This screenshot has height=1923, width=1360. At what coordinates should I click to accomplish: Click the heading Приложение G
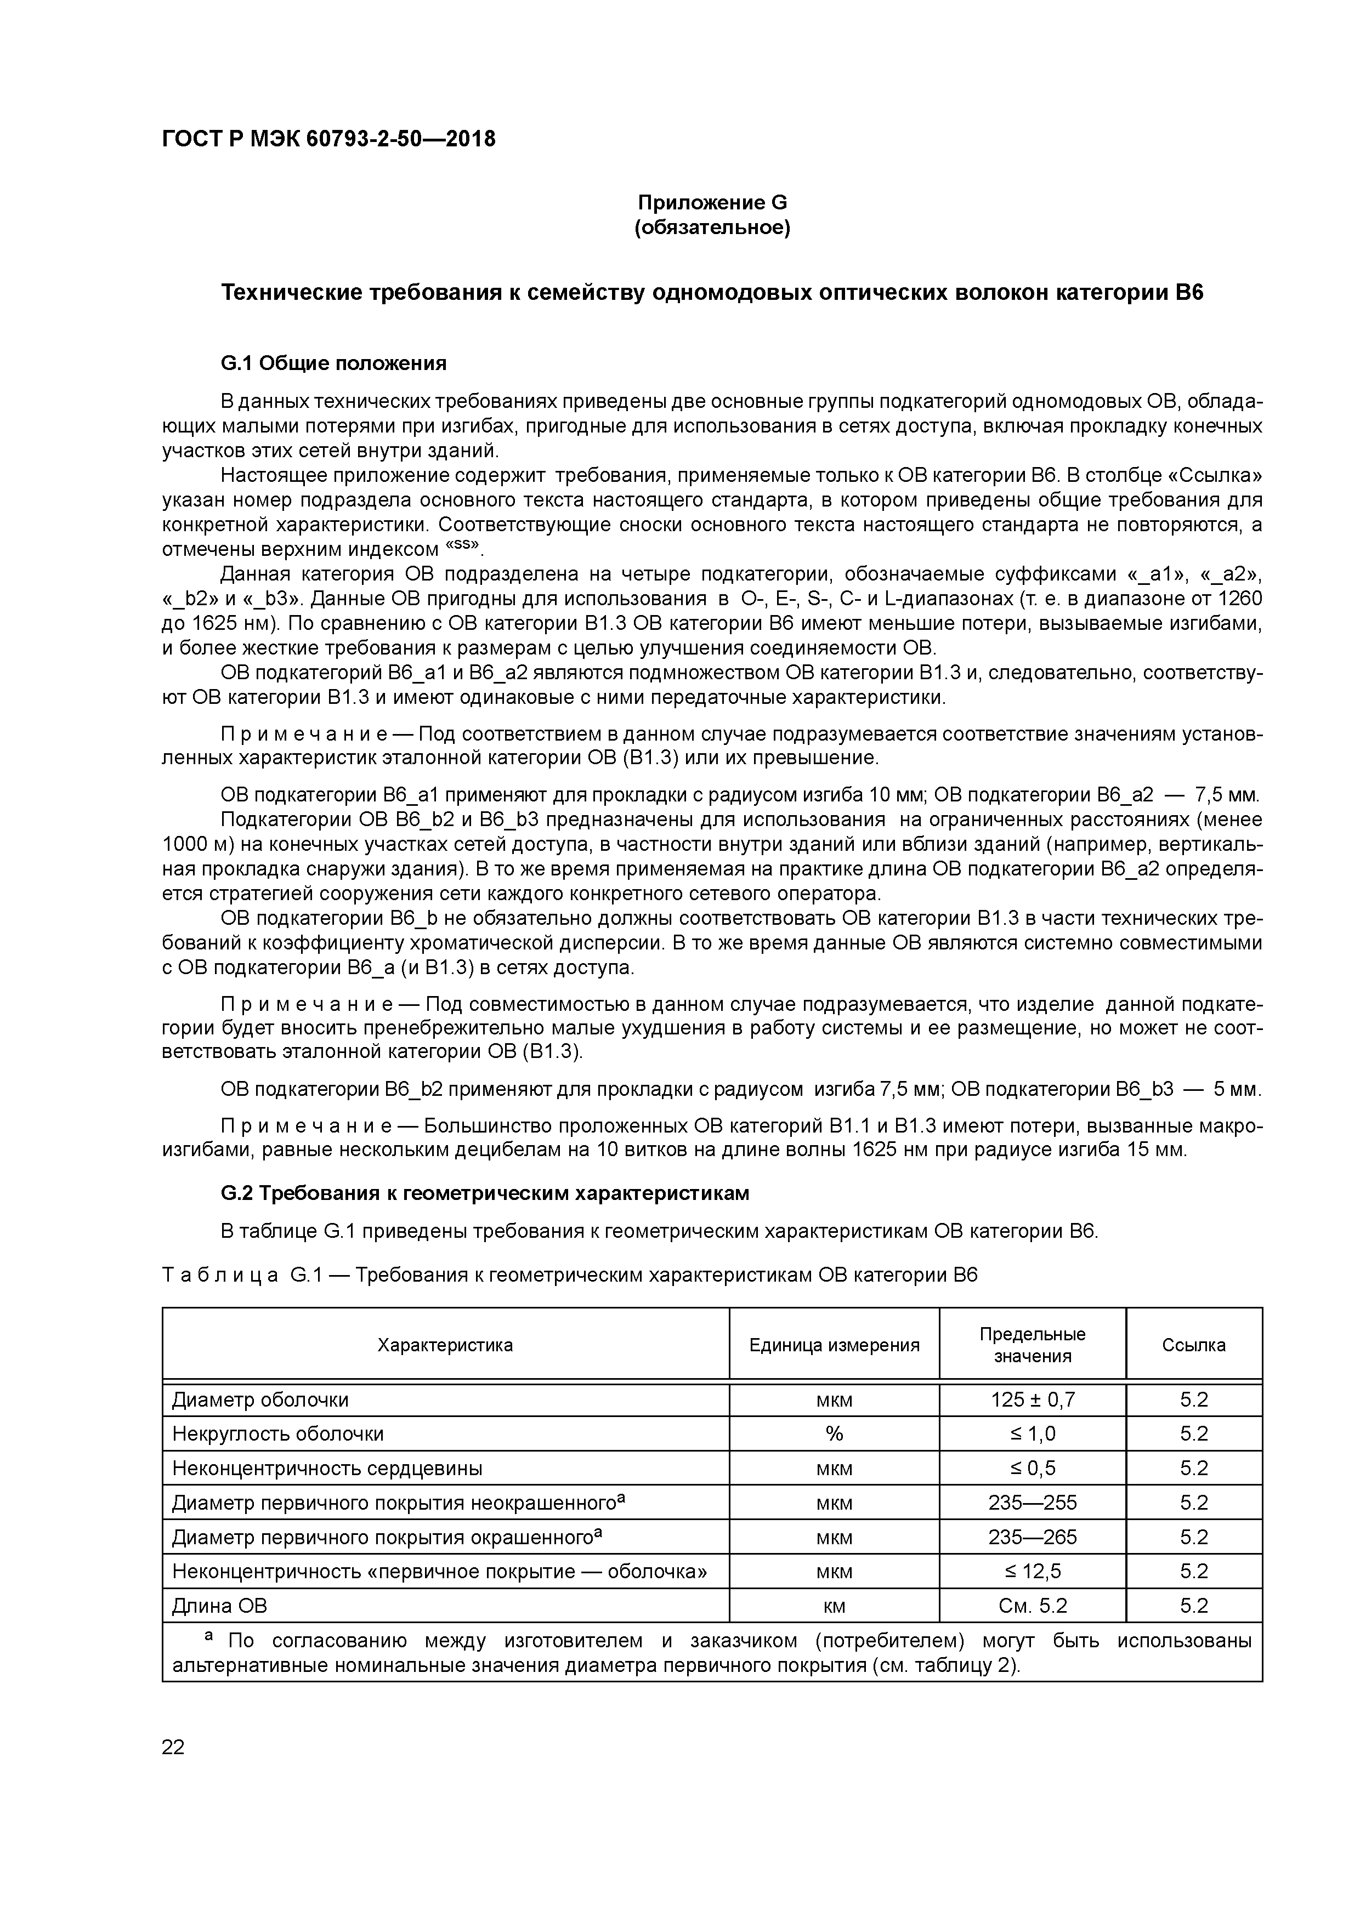tap(712, 203)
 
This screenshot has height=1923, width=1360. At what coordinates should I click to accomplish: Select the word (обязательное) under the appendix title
tap(712, 228)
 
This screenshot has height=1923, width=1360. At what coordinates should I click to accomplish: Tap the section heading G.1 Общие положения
tap(333, 363)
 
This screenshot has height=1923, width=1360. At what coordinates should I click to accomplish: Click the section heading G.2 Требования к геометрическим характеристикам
tap(484, 1193)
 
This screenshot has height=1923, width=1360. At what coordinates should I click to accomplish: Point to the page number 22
tap(173, 1747)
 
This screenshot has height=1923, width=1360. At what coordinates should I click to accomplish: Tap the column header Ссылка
tap(1193, 1345)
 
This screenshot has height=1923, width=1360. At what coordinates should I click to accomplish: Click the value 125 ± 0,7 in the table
tap(1033, 1399)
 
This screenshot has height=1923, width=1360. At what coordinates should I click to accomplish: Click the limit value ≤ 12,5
tap(1033, 1571)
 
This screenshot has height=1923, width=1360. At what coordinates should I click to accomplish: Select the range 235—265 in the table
tap(1033, 1537)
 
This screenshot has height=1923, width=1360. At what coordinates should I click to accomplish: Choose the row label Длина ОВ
tap(219, 1606)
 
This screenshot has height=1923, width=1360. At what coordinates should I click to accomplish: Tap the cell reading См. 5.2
tap(1033, 1606)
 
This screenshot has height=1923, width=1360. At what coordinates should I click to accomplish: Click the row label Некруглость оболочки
tap(277, 1434)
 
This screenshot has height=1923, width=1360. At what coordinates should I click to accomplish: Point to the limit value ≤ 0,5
tap(1033, 1468)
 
